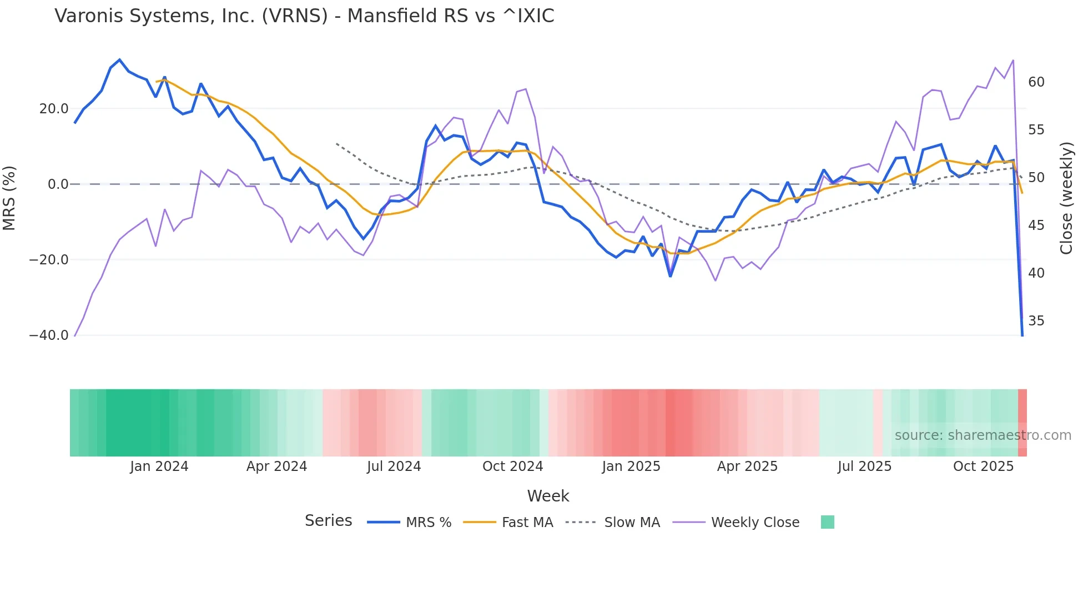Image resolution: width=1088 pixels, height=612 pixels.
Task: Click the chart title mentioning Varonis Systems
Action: coord(304,16)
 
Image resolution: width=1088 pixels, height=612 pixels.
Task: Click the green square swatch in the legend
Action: coord(827,522)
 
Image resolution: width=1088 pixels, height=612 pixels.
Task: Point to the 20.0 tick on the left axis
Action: coord(54,109)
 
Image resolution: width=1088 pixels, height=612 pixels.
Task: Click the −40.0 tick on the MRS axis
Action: coord(49,335)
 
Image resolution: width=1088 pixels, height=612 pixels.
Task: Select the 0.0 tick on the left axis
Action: coord(58,184)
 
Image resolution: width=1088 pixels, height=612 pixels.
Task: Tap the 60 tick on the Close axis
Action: coord(1036,82)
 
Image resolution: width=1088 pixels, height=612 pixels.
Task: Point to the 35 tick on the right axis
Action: coord(1036,321)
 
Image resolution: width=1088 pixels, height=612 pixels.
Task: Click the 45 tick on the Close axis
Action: coord(1036,225)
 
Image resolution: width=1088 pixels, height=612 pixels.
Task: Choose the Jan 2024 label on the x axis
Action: coord(159,466)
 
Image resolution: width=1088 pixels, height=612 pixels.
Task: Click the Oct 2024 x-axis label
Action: coord(512,466)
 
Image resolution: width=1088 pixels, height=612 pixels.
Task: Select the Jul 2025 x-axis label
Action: coord(864,466)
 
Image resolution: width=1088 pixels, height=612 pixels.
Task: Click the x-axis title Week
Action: coord(548,496)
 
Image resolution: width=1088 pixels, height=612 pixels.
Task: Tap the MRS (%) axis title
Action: coord(9,198)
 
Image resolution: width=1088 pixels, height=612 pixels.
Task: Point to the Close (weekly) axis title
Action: coord(1066,198)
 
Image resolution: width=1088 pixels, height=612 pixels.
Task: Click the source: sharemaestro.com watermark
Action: coord(983,435)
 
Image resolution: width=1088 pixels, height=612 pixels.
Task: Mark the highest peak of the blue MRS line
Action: coord(119,59)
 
